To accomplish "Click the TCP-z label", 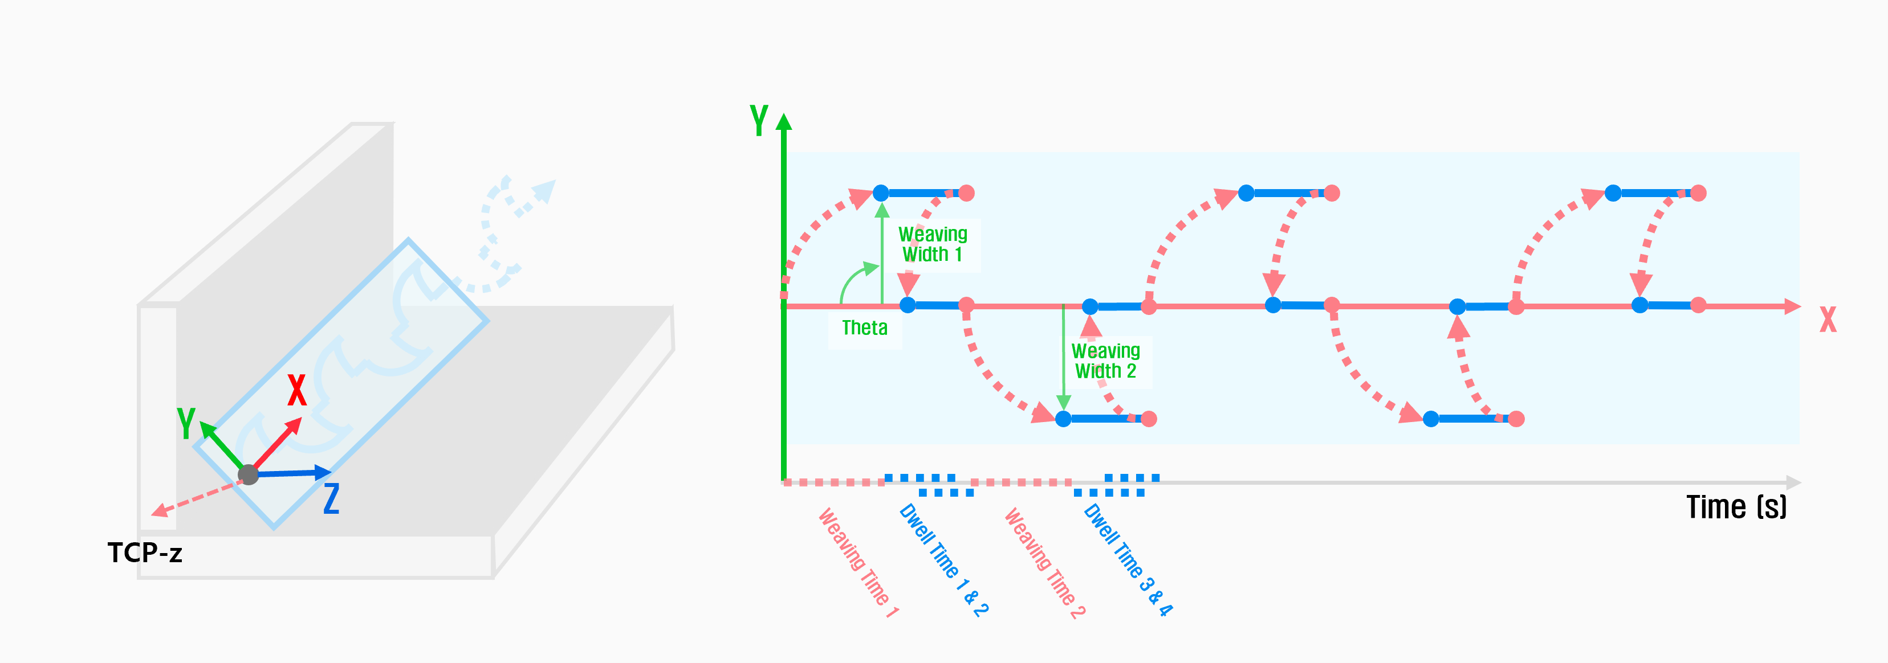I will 144,552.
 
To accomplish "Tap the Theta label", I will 864,328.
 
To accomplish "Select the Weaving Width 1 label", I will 932,244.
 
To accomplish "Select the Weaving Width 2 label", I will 1105,361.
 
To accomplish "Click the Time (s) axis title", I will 1736,507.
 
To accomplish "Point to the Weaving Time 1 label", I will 857,562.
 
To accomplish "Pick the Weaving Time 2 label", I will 1044,562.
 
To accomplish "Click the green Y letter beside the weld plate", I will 186,423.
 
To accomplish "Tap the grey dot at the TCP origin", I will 249,474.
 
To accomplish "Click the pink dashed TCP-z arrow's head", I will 158,511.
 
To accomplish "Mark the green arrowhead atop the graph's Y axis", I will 783,122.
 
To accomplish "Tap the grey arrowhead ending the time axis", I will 1793,482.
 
